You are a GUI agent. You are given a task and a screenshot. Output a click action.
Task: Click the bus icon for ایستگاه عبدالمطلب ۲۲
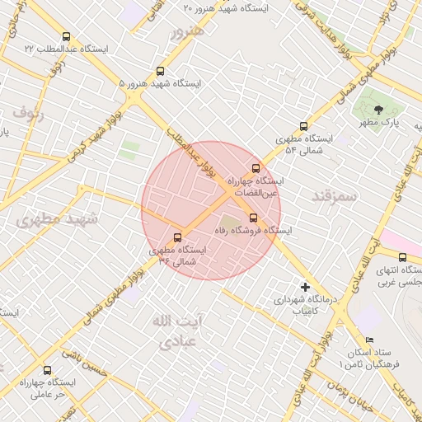click(x=67, y=36)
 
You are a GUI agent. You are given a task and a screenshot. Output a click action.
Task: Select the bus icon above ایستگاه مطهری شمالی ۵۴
click(x=304, y=126)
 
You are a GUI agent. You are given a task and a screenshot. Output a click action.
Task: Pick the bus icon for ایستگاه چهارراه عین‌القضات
click(x=256, y=167)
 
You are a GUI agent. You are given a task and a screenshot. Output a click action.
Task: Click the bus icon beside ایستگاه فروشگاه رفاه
click(x=253, y=218)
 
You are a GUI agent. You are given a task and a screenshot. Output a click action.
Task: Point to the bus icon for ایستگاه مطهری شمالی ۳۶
click(x=178, y=238)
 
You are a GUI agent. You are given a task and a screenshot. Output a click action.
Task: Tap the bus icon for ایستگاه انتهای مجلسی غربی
click(x=402, y=257)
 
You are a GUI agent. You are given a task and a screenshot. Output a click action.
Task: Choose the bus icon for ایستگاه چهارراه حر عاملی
click(x=47, y=370)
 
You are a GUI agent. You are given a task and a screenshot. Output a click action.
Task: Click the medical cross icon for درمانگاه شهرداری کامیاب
click(x=306, y=288)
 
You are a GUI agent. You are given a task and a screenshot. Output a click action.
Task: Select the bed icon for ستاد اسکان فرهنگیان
click(x=369, y=340)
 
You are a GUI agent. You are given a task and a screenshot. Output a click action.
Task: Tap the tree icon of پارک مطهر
click(x=378, y=109)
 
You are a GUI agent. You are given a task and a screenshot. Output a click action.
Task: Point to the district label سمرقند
click(x=334, y=196)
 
